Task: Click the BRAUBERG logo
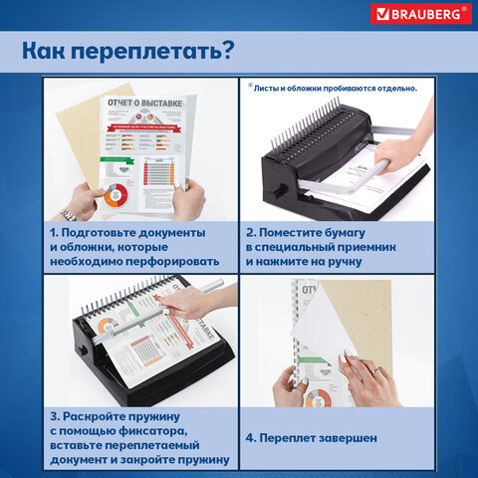[x=418, y=14]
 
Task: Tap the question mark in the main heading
[x=227, y=49]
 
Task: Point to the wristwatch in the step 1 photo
[x=68, y=213]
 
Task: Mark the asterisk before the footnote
[x=249, y=86]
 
